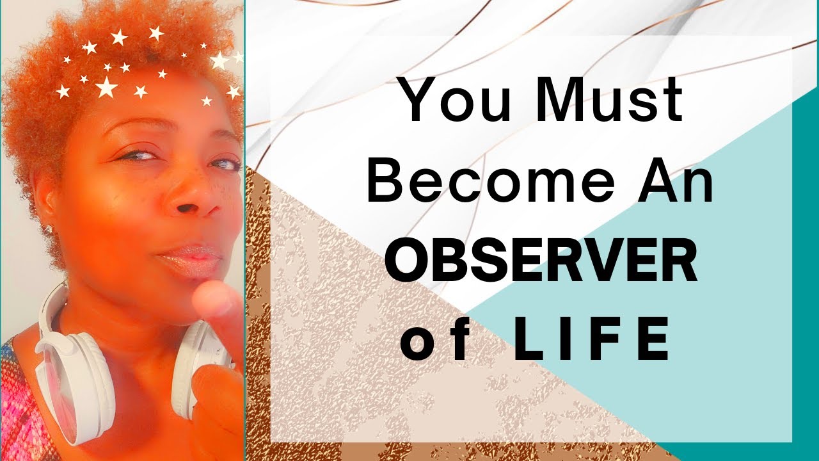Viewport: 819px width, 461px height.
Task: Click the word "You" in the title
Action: point(451,101)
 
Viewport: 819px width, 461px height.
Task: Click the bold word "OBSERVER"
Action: point(541,264)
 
